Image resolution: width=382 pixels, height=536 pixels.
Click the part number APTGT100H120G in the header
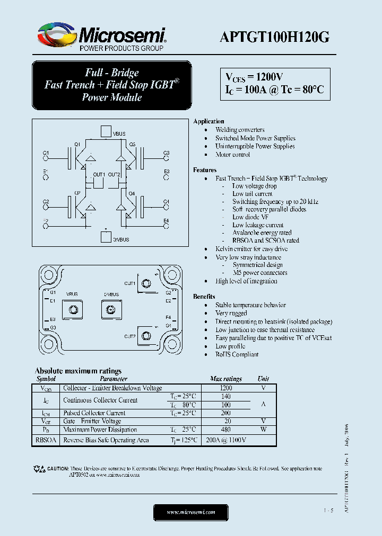click(274, 37)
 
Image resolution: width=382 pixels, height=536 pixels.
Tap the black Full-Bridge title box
click(111, 85)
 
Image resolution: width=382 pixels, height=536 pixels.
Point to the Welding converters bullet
click(240, 130)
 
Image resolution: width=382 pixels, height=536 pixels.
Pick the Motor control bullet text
click(232, 155)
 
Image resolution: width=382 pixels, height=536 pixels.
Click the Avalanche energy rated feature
click(262, 233)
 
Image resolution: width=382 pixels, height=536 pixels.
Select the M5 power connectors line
click(259, 273)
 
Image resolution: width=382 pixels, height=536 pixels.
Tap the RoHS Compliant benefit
click(237, 354)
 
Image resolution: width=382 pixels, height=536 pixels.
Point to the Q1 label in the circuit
click(77, 144)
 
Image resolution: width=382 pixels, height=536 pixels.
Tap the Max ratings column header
click(225, 379)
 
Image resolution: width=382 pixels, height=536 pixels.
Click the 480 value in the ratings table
click(225, 430)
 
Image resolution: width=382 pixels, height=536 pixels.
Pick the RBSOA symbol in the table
click(46, 440)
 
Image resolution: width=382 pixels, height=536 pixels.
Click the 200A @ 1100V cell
click(225, 440)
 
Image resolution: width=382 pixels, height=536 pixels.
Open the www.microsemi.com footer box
click(190, 512)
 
